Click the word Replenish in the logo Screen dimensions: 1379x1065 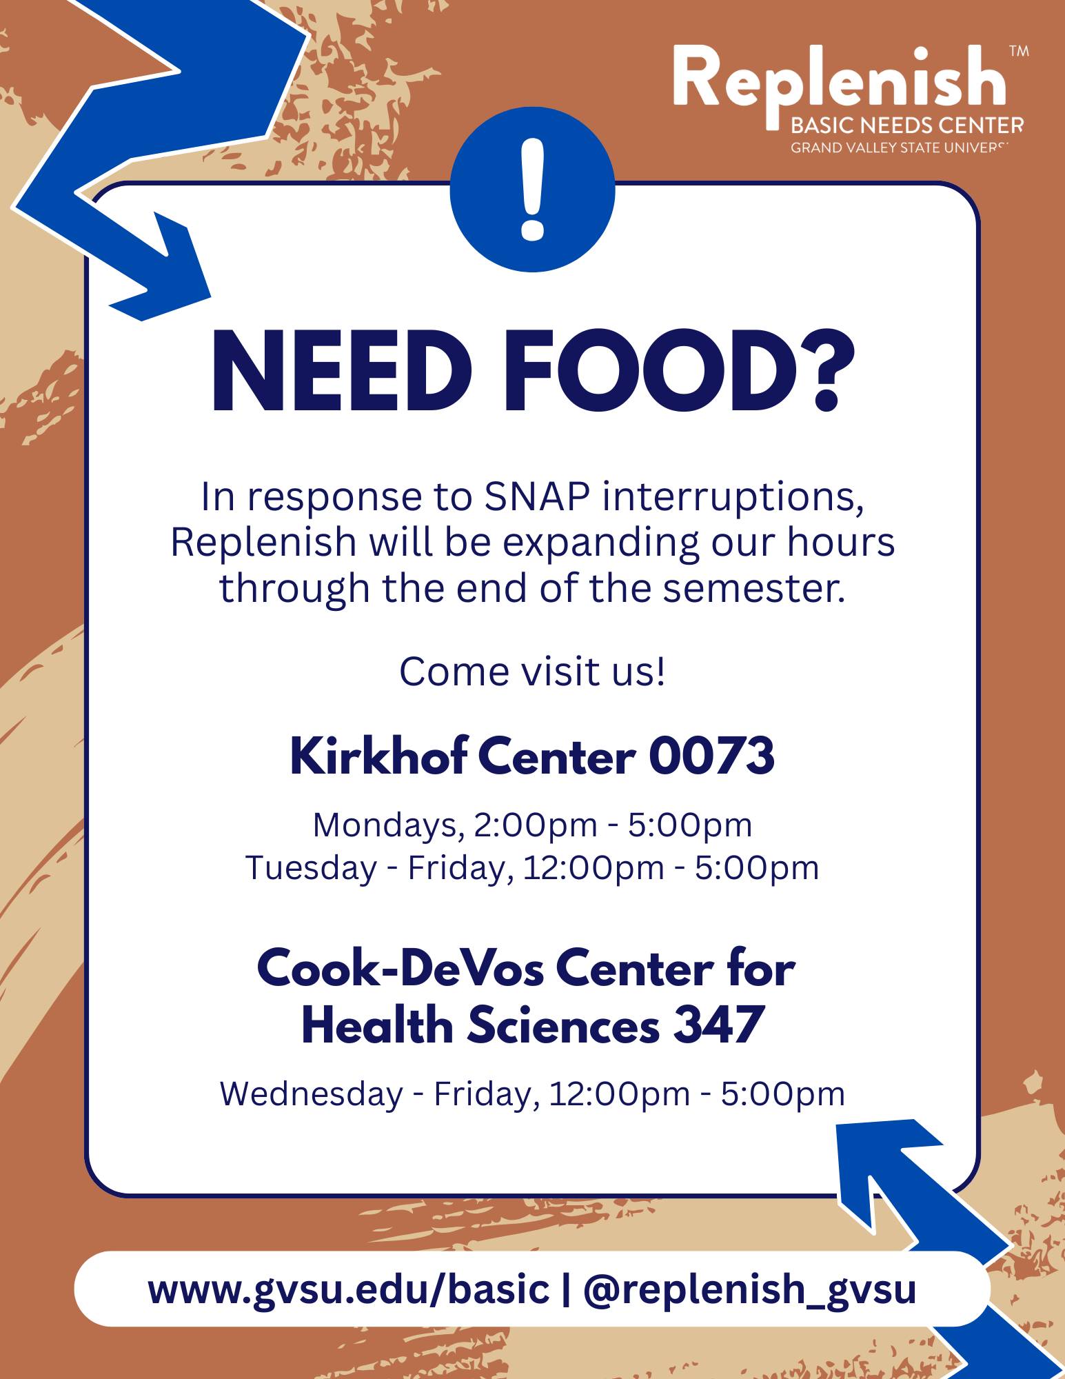click(x=839, y=81)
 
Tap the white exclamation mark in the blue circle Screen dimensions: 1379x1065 click(x=532, y=190)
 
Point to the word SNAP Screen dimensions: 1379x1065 click(x=537, y=496)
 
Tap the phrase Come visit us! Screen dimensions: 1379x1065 click(x=532, y=672)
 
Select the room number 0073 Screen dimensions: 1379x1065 click(x=711, y=756)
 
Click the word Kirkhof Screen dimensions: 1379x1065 click(x=378, y=756)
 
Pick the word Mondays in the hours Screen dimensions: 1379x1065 click(x=386, y=825)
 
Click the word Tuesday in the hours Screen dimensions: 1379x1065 click(x=311, y=868)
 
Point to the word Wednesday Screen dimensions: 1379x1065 click(x=311, y=1094)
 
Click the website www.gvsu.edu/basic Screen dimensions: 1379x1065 click(x=348, y=1289)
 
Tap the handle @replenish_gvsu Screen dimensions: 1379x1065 click(x=749, y=1289)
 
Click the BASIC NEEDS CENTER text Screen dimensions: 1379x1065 click(x=907, y=125)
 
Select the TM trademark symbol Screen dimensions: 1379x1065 click(x=1018, y=51)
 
